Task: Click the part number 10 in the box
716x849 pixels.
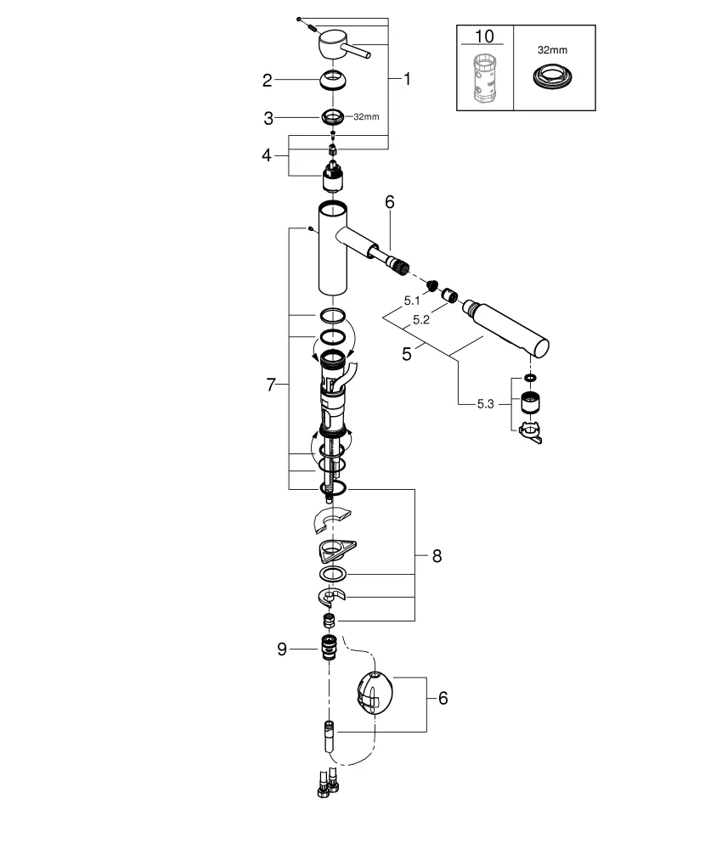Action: [x=484, y=37]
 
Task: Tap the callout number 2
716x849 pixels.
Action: [x=267, y=81]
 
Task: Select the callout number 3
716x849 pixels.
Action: [x=267, y=116]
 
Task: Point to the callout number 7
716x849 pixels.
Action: [x=271, y=385]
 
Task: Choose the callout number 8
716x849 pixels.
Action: [x=437, y=556]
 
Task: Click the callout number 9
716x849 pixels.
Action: [x=283, y=649]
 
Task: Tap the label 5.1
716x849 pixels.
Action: [x=412, y=301]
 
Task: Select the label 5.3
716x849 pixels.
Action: [x=485, y=402]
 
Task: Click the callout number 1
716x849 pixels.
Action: [x=407, y=79]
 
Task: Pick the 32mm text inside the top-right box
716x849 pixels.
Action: [x=553, y=50]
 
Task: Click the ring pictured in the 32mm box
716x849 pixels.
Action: [x=553, y=78]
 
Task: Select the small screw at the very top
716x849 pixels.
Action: [x=299, y=18]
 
